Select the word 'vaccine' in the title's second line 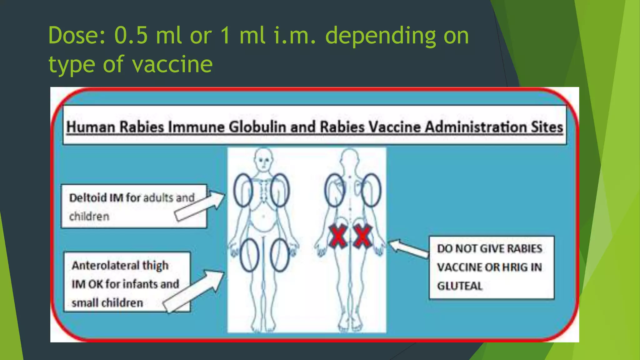coord(172,64)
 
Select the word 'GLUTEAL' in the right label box coord(460,286)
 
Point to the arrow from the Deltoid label coord(200,206)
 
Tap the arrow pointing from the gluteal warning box coord(408,248)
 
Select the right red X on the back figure coord(362,237)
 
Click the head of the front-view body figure coord(264,159)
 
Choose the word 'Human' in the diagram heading coord(91,127)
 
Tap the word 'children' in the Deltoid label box coord(89,216)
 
